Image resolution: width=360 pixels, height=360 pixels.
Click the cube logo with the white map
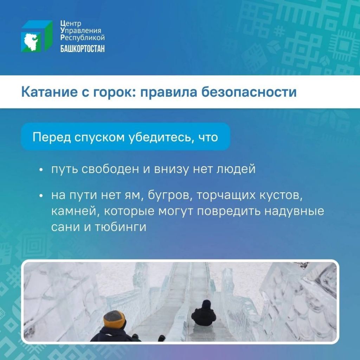click(37, 36)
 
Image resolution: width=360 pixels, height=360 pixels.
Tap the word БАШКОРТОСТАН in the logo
click(82, 49)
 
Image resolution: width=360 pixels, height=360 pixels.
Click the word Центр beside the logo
click(71, 24)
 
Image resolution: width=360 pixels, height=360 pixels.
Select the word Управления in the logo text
click(81, 31)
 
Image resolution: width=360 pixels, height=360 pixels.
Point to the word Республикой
click(83, 38)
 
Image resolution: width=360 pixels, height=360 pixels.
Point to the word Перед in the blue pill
click(52, 137)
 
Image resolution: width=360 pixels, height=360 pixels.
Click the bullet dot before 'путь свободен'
click(41, 170)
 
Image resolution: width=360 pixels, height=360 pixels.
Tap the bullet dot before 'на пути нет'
click(41, 197)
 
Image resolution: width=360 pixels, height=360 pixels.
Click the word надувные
click(294, 211)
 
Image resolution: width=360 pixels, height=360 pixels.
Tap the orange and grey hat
click(114, 319)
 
